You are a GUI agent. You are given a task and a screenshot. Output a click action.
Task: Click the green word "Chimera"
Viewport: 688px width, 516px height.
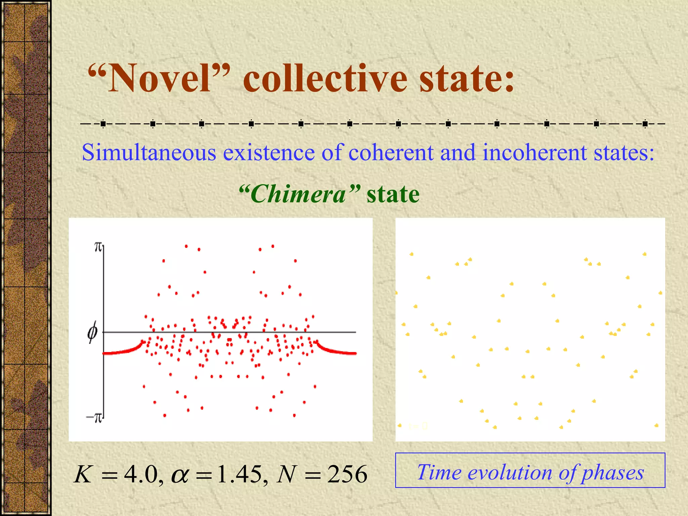click(x=299, y=194)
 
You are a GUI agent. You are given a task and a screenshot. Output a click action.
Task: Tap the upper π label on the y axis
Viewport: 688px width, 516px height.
click(x=98, y=247)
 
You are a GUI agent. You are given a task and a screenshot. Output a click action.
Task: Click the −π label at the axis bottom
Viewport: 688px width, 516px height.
click(x=94, y=418)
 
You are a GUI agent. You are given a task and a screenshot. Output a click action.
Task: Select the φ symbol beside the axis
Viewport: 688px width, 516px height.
click(x=92, y=332)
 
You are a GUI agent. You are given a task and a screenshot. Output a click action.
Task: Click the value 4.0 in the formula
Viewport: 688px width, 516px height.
click(x=141, y=474)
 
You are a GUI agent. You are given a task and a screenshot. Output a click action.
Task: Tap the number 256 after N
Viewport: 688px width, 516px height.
click(x=347, y=474)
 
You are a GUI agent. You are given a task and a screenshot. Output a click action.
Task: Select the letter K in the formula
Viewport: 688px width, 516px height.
click(x=83, y=474)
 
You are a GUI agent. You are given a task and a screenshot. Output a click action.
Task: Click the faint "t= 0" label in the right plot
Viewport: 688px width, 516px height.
click(x=418, y=426)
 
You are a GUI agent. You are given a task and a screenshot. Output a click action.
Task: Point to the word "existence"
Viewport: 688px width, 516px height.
click(x=269, y=153)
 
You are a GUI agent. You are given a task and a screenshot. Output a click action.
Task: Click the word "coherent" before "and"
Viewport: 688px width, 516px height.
click(x=391, y=153)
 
